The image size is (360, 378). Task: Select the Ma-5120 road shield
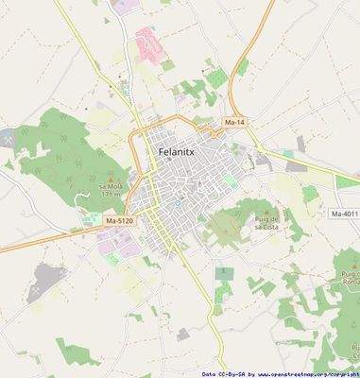coord(120,220)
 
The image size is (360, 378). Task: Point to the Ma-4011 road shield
coord(345,215)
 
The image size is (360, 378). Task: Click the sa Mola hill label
coord(111,187)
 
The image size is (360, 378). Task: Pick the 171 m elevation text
coord(112,196)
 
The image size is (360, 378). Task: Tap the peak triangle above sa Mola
coord(112,179)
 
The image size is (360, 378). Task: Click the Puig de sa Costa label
coord(266,223)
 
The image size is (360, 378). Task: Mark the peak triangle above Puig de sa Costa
coord(266,213)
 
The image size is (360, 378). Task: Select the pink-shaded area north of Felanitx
coord(148,43)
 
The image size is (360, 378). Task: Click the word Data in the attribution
coord(210,373)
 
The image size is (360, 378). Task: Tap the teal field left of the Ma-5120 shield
coord(94,220)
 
